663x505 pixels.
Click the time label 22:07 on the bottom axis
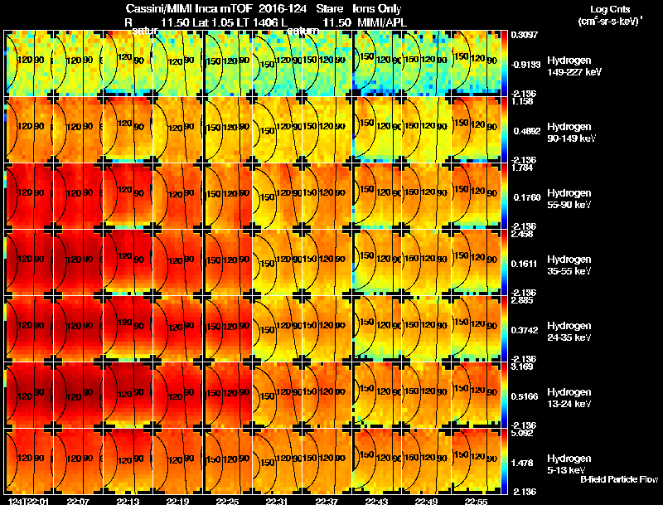pyautogui.click(x=78, y=501)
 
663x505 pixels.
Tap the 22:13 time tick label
pyautogui.click(x=128, y=501)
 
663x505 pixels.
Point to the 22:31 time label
pyautogui.click(x=277, y=501)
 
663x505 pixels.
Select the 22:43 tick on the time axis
pyautogui.click(x=376, y=501)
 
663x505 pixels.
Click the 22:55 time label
pyautogui.click(x=476, y=501)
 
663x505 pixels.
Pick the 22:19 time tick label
pyautogui.click(x=177, y=501)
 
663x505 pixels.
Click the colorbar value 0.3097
pyautogui.click(x=524, y=35)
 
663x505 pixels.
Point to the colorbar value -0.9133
pyautogui.click(x=525, y=64)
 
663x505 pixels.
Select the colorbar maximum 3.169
pyautogui.click(x=522, y=366)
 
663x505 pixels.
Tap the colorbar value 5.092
pyautogui.click(x=522, y=432)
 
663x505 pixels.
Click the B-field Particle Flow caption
pyautogui.click(x=619, y=479)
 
